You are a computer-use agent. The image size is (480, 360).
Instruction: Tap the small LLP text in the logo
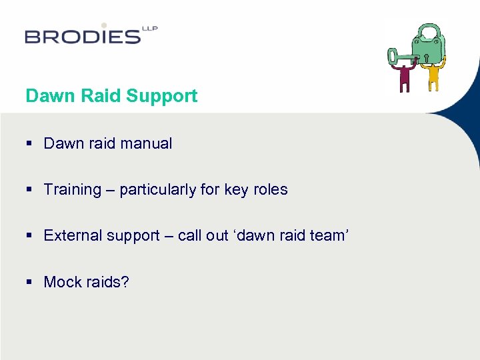click(149, 29)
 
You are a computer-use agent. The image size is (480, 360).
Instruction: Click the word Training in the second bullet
click(71, 190)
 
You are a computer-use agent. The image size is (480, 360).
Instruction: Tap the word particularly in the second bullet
click(158, 190)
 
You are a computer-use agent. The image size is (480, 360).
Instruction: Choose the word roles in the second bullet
click(269, 189)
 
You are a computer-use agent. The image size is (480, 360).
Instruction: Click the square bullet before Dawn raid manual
click(29, 144)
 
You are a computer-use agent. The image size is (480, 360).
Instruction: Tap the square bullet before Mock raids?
click(29, 283)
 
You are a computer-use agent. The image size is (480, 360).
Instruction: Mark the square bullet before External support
click(29, 236)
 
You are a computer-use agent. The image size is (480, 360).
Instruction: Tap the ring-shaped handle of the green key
click(393, 56)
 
